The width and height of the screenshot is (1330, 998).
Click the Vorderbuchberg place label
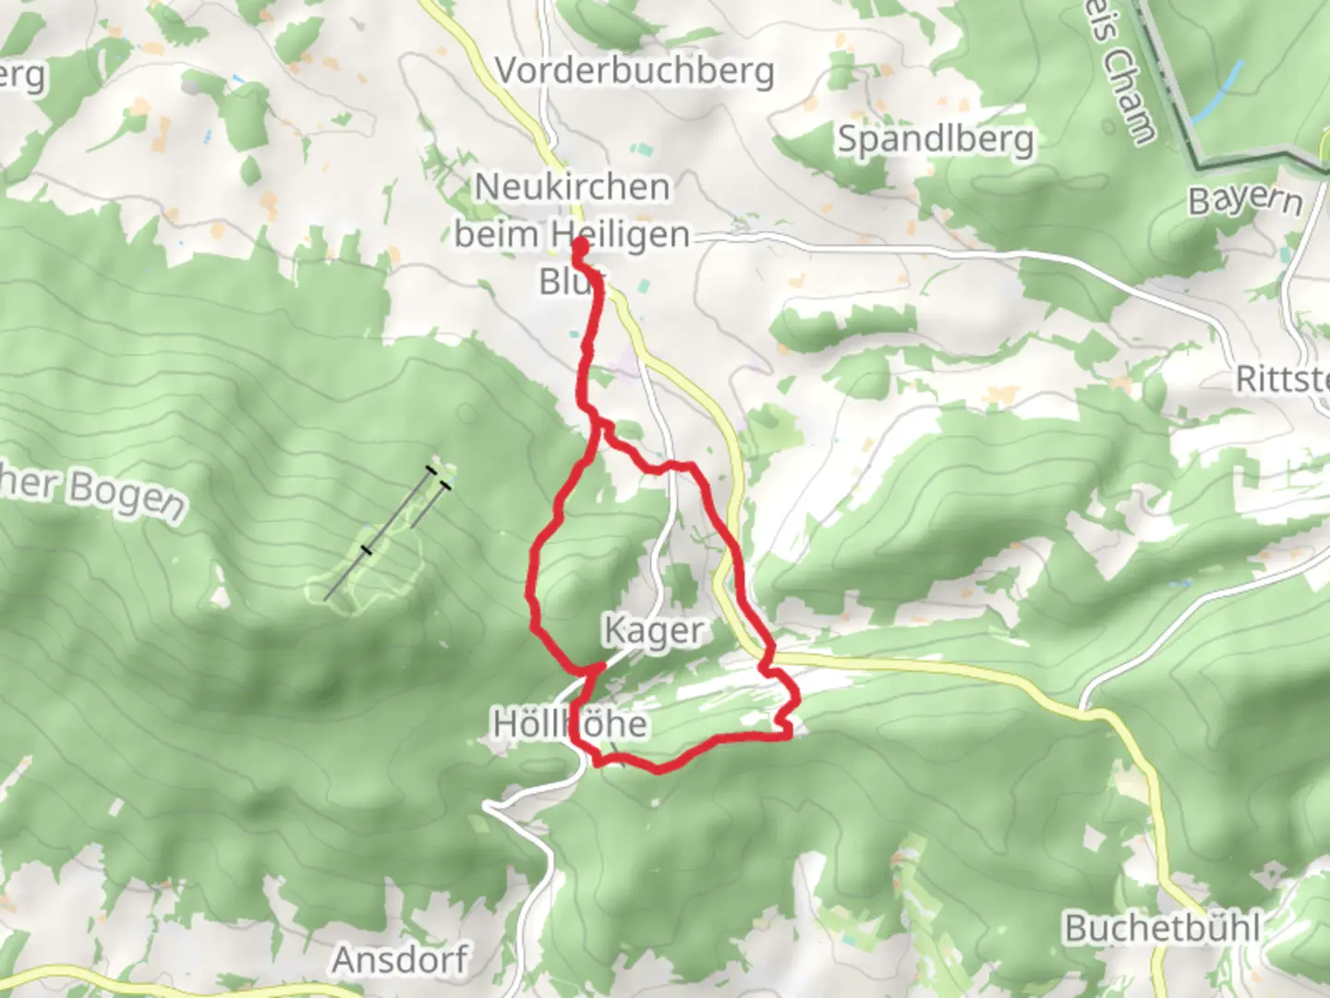tap(635, 70)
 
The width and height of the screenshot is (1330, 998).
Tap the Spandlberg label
tap(935, 139)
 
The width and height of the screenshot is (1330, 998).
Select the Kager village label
tap(653, 630)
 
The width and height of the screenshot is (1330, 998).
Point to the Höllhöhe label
tap(570, 724)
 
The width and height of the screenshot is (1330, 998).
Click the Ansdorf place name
tap(400, 959)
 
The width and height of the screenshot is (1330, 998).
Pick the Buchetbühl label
tap(1162, 927)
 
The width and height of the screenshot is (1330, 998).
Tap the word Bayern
tap(1245, 200)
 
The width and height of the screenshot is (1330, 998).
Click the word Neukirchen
tap(572, 187)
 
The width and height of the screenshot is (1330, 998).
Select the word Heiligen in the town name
tap(621, 235)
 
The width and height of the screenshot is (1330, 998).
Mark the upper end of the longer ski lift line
tap(431, 470)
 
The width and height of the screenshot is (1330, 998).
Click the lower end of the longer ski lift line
tap(326, 600)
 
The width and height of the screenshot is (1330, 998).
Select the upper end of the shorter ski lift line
tap(446, 484)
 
